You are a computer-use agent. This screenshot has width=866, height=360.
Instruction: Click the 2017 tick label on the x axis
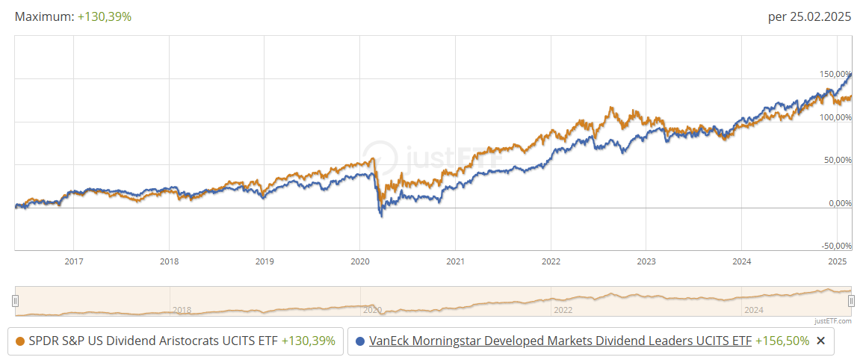click(73, 261)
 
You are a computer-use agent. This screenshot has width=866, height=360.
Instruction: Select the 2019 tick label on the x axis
click(264, 261)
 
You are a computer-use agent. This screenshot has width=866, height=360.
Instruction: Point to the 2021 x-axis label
click(455, 261)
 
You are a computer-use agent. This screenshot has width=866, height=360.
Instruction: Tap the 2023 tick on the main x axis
click(646, 261)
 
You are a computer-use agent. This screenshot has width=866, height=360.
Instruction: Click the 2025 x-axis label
click(838, 261)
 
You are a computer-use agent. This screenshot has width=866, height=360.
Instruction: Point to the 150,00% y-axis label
click(835, 74)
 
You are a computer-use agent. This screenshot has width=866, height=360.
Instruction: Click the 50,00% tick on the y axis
click(838, 160)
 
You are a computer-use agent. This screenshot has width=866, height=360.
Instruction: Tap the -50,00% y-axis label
click(836, 246)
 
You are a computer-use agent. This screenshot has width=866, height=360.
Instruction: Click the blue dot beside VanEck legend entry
click(360, 341)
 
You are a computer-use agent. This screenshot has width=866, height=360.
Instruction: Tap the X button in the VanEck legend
click(820, 341)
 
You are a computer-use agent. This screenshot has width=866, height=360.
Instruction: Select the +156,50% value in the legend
click(782, 341)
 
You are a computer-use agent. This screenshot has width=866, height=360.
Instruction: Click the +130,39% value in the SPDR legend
click(308, 341)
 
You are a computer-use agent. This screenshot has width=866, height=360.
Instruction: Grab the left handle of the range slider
click(15, 301)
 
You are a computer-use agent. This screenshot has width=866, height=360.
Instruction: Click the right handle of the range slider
click(851, 301)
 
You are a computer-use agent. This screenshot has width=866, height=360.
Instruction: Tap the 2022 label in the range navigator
click(563, 309)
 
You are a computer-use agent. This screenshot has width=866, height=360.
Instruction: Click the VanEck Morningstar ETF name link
click(560, 341)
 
